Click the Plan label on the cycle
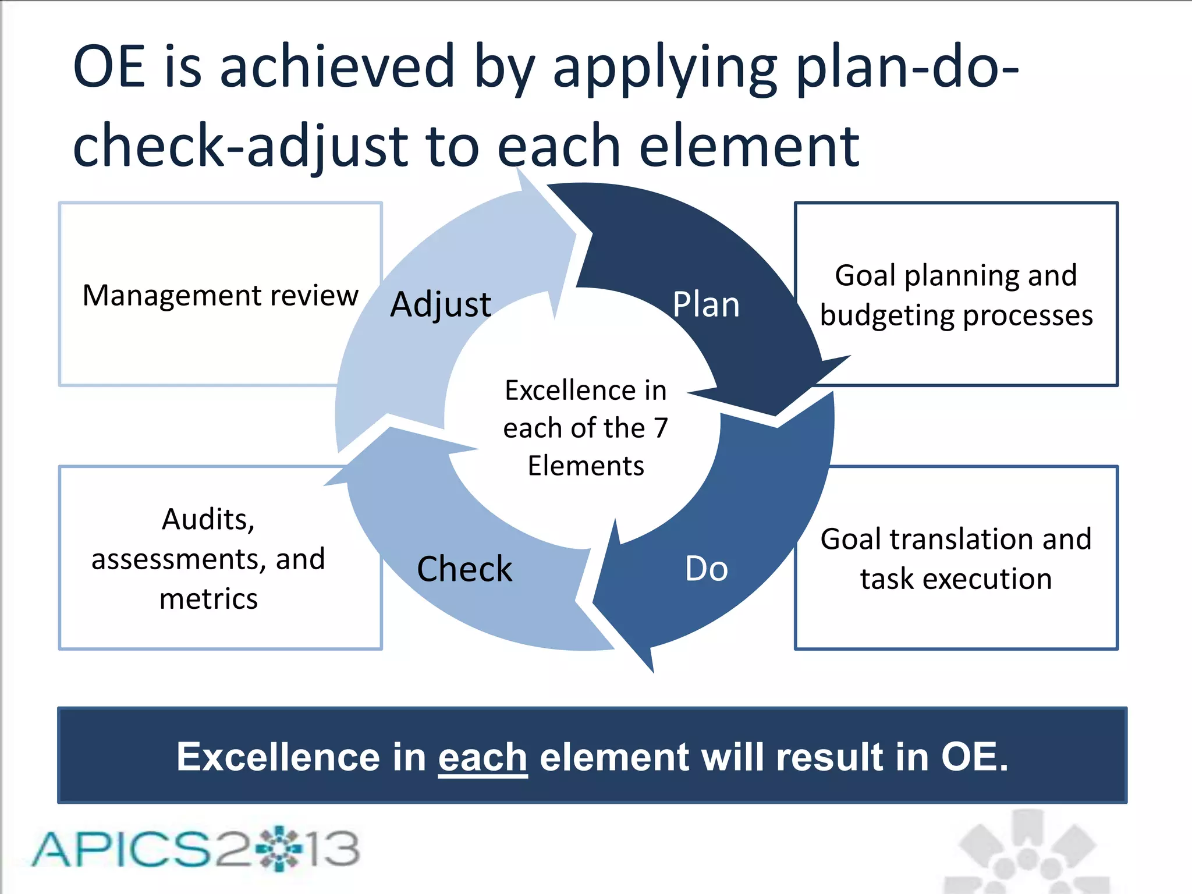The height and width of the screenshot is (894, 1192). coord(705,304)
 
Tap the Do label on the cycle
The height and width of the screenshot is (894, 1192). coord(706,569)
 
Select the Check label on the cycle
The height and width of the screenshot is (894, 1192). coord(464,569)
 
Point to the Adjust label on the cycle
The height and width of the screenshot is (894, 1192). coord(441,304)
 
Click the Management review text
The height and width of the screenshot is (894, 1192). coord(220,295)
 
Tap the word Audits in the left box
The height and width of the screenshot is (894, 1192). coord(208,519)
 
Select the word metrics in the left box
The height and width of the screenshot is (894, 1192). coord(208,599)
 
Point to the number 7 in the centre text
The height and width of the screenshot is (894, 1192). coord(661,428)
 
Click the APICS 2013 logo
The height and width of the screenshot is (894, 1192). coord(196,849)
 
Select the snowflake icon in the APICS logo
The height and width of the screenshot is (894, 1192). coord(280,849)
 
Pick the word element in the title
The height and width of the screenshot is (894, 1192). coord(749,146)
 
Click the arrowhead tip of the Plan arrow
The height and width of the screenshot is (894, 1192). coord(777,414)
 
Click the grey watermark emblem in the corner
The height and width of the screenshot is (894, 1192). coord(1027,853)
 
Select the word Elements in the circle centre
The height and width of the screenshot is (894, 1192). coord(586,466)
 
